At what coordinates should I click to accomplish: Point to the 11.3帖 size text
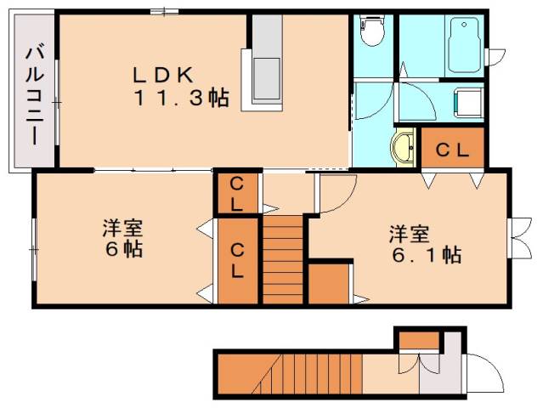click(x=180, y=99)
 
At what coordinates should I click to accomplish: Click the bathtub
click(x=465, y=44)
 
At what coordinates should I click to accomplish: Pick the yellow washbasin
click(x=403, y=147)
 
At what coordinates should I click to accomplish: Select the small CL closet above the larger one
click(x=237, y=194)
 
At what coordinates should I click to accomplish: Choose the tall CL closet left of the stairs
click(x=237, y=260)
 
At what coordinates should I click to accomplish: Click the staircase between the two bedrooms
click(x=283, y=258)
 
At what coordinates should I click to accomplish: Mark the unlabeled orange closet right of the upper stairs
click(x=329, y=285)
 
